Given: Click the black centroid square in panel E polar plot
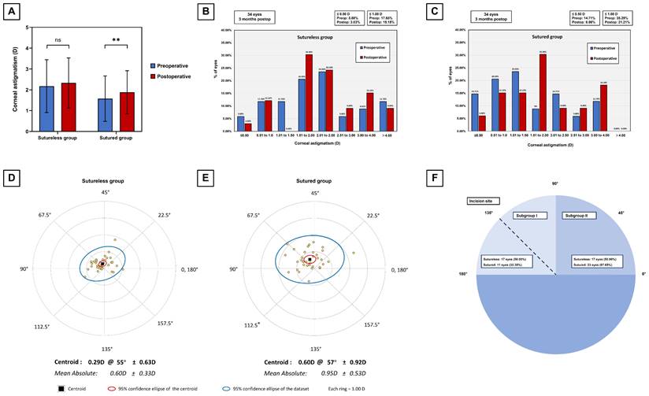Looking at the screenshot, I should [x=310, y=259].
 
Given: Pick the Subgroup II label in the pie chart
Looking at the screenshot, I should [x=575, y=215].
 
